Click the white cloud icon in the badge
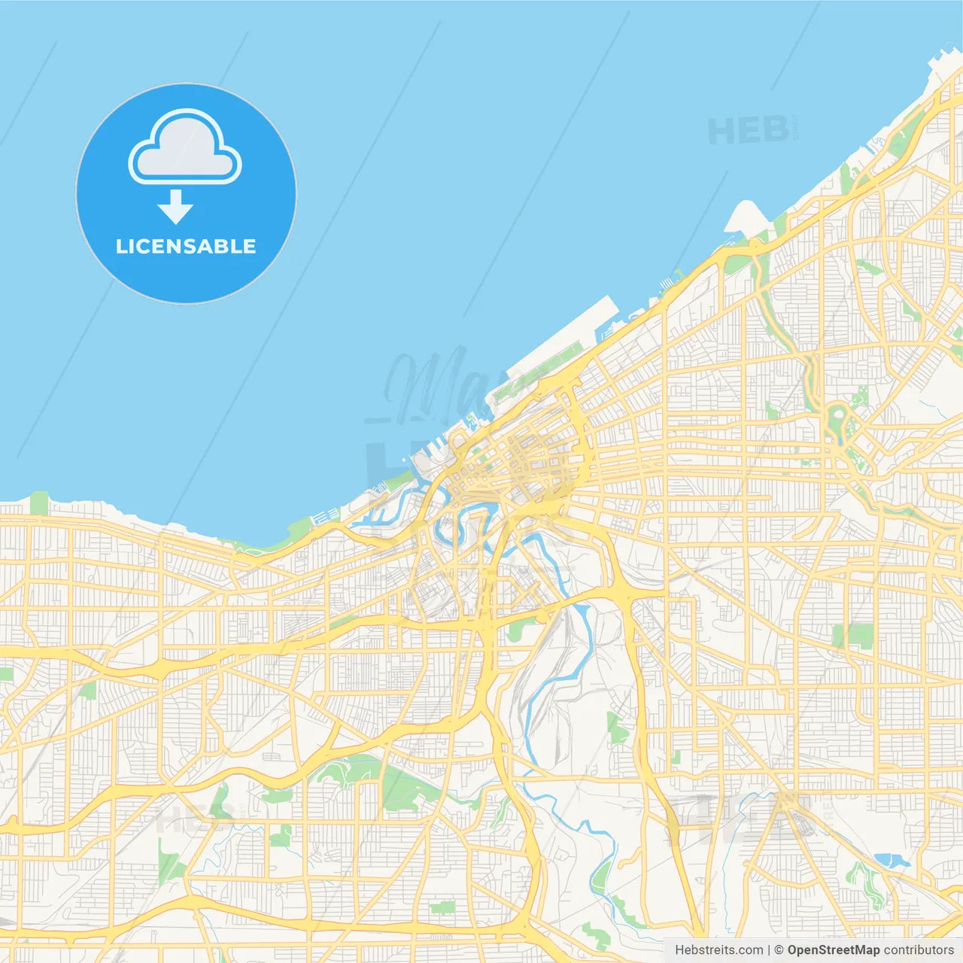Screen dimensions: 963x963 pyautogui.click(x=185, y=148)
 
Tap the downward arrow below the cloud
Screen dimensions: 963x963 pyautogui.click(x=175, y=207)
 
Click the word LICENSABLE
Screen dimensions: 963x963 pyautogui.click(x=186, y=246)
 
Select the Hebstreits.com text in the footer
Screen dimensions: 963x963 pyautogui.click(x=718, y=950)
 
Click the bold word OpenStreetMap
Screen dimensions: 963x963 pyautogui.click(x=834, y=950)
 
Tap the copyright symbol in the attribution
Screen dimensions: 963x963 pyautogui.click(x=779, y=950)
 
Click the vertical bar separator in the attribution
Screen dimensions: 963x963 pyautogui.click(x=769, y=950)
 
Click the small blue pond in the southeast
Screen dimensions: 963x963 pyautogui.click(x=892, y=859)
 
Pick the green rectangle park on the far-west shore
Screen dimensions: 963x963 pyautogui.click(x=39, y=503)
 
